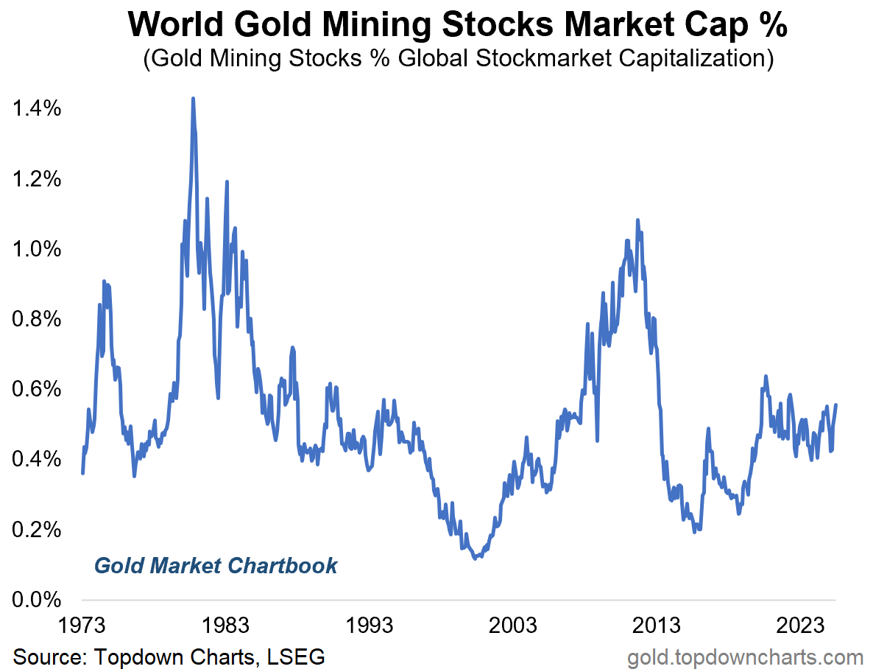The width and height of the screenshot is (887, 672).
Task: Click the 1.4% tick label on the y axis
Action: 37,110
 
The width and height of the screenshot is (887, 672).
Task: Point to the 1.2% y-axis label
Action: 37,180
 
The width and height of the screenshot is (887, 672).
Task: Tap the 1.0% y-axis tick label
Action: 37,250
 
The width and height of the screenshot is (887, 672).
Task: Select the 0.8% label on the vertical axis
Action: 37,320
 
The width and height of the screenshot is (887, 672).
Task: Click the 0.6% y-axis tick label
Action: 37,390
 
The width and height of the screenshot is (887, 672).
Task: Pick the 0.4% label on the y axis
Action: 37,460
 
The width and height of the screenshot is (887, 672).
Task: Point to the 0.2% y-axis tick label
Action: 37,530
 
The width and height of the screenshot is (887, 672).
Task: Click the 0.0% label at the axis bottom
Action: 37,600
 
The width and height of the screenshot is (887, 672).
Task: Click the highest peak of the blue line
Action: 193,99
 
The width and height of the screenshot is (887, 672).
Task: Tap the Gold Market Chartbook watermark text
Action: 216,566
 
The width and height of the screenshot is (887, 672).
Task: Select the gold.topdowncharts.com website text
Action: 745,656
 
